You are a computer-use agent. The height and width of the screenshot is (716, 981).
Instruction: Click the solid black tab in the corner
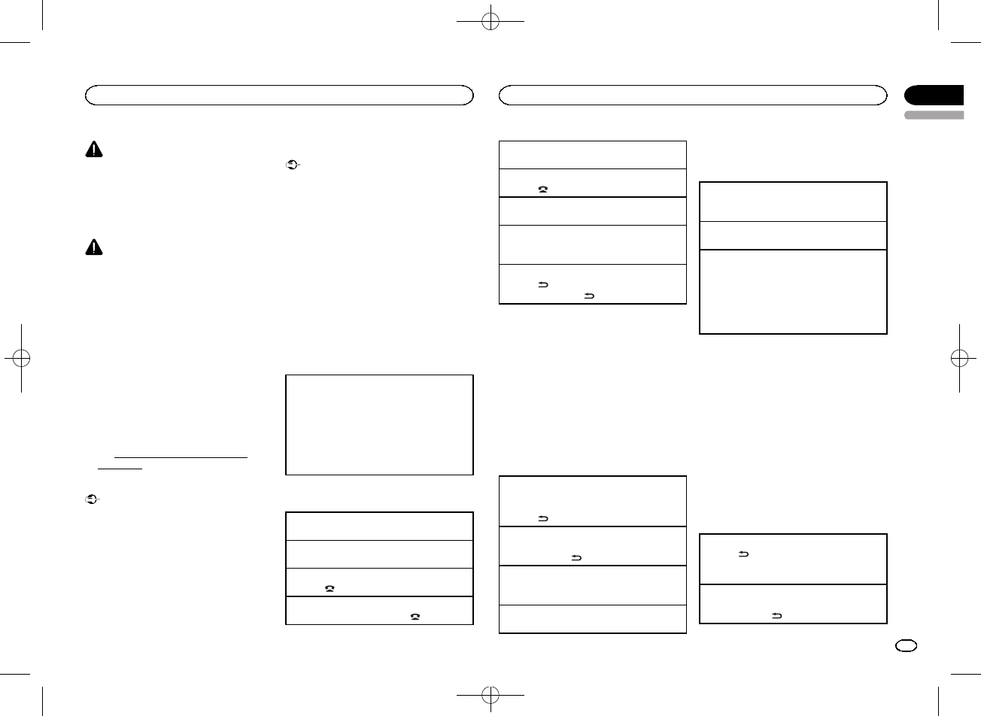pyautogui.click(x=934, y=96)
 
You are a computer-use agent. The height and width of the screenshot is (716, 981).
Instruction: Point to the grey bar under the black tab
pyautogui.click(x=934, y=115)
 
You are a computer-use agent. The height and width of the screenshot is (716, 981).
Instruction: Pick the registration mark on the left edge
pyautogui.click(x=22, y=359)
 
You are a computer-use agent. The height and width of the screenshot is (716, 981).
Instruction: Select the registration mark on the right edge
pyautogui.click(x=959, y=357)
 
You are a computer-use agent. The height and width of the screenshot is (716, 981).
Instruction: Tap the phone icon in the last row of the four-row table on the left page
pyautogui.click(x=415, y=615)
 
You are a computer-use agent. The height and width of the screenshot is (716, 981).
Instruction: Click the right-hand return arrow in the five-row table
pyautogui.click(x=588, y=296)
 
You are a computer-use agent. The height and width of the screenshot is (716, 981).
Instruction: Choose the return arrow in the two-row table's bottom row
pyautogui.click(x=776, y=615)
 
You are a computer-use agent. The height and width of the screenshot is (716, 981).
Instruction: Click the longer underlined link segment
pyautogui.click(x=181, y=456)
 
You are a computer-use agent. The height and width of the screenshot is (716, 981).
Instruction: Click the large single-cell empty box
pyautogui.click(x=379, y=425)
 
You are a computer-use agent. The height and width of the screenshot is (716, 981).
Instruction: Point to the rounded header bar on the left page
pyautogui.click(x=279, y=96)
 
